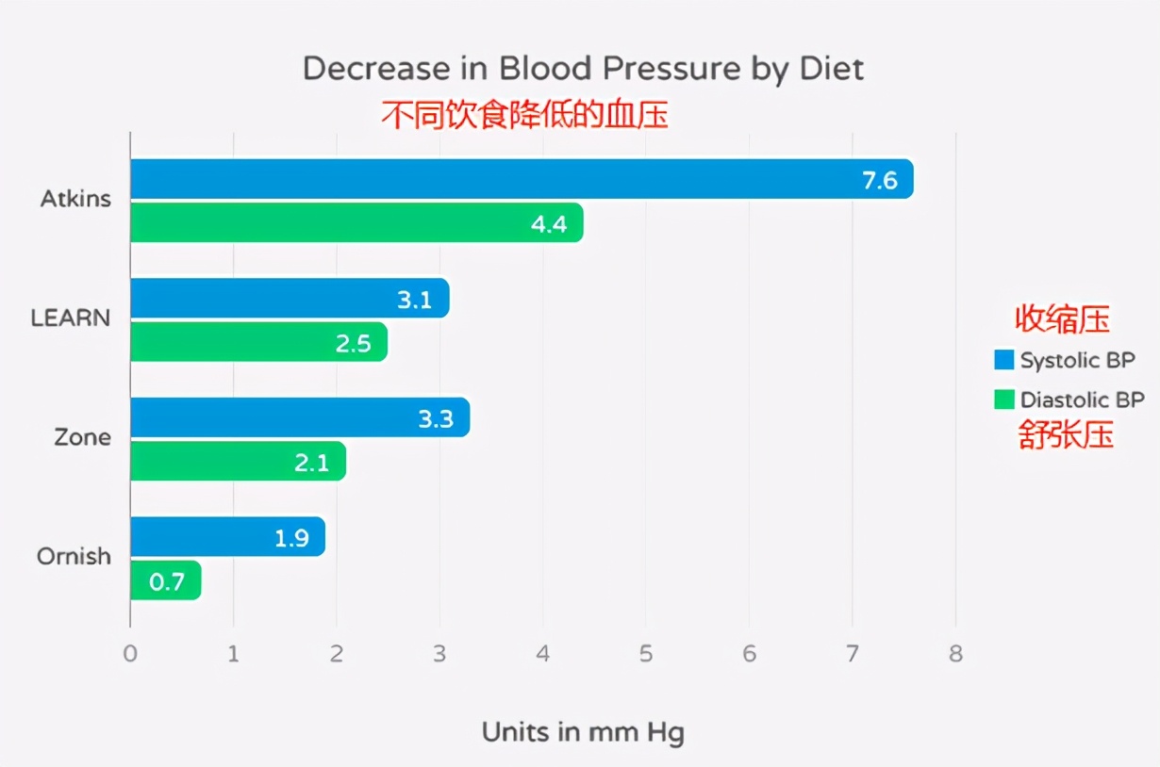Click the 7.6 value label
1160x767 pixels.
click(880, 180)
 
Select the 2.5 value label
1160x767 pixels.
click(354, 343)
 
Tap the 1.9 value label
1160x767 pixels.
click(292, 538)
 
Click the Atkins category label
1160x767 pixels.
click(75, 199)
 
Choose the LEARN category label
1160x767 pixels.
click(71, 318)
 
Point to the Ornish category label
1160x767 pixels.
click(74, 556)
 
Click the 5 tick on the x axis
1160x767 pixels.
click(646, 654)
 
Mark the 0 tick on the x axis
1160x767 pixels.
click(130, 654)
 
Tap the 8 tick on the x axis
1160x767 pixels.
click(955, 654)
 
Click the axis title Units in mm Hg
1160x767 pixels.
click(583, 732)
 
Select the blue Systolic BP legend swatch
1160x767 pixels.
click(1003, 360)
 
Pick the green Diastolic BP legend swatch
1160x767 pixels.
click(1003, 400)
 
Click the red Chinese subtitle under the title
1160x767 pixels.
click(524, 115)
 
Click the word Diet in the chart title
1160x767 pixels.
click(830, 69)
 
